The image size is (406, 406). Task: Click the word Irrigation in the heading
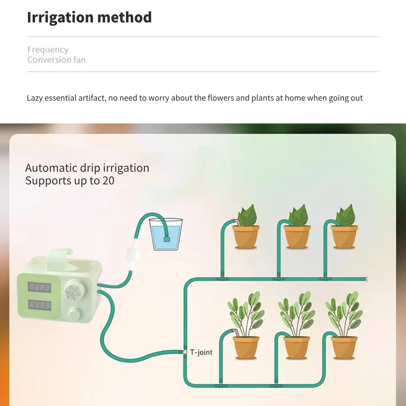point(60,17)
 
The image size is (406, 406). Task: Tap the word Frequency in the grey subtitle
point(48,50)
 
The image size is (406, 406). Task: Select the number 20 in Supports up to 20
point(108,181)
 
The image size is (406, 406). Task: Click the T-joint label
point(201,352)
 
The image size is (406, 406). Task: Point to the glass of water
point(166,234)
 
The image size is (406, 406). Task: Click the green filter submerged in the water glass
point(167,239)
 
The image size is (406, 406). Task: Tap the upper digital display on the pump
point(39,287)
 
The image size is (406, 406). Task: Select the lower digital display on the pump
point(39,305)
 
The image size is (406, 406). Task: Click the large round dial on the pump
point(74,291)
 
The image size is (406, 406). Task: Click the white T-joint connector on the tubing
point(185,352)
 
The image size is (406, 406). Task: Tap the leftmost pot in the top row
point(246,237)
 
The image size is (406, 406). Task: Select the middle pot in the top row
point(297,237)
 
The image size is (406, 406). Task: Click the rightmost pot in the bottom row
point(344,348)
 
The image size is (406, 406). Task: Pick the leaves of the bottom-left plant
point(246,314)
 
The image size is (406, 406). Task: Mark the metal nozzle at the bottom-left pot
point(236,332)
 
